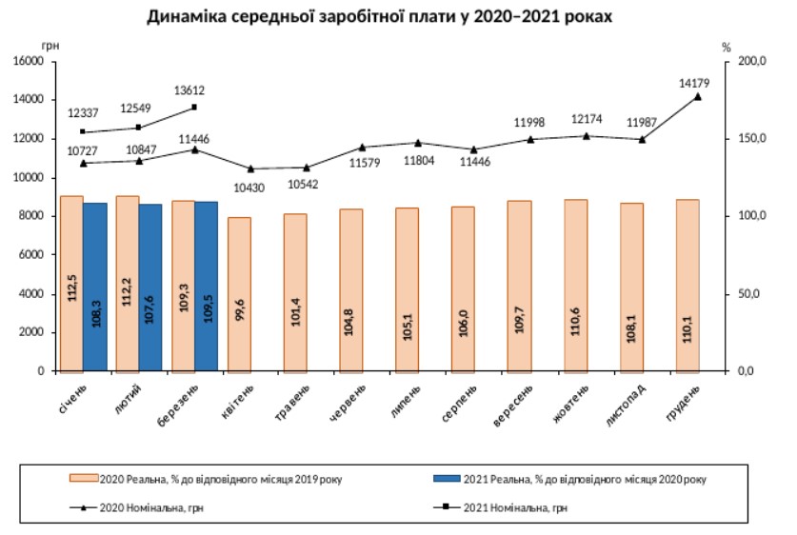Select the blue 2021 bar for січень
point(94,286)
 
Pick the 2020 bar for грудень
point(687,285)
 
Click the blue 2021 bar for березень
point(207,286)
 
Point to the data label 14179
point(696,82)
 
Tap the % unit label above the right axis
point(726,46)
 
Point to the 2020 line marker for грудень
point(698,96)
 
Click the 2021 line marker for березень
point(194,107)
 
